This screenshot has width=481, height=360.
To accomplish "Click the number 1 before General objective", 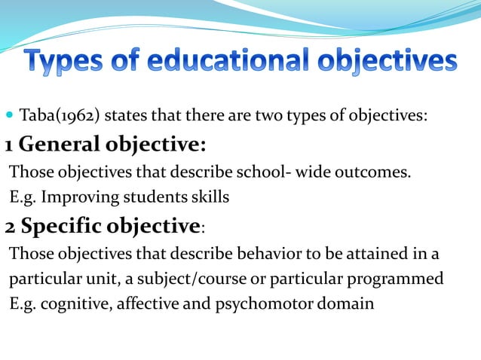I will point(8,143).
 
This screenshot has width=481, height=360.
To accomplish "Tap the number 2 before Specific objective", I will point(10,225).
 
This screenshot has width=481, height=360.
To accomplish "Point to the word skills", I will point(210,197).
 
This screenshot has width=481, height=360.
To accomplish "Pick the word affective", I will point(139,304).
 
